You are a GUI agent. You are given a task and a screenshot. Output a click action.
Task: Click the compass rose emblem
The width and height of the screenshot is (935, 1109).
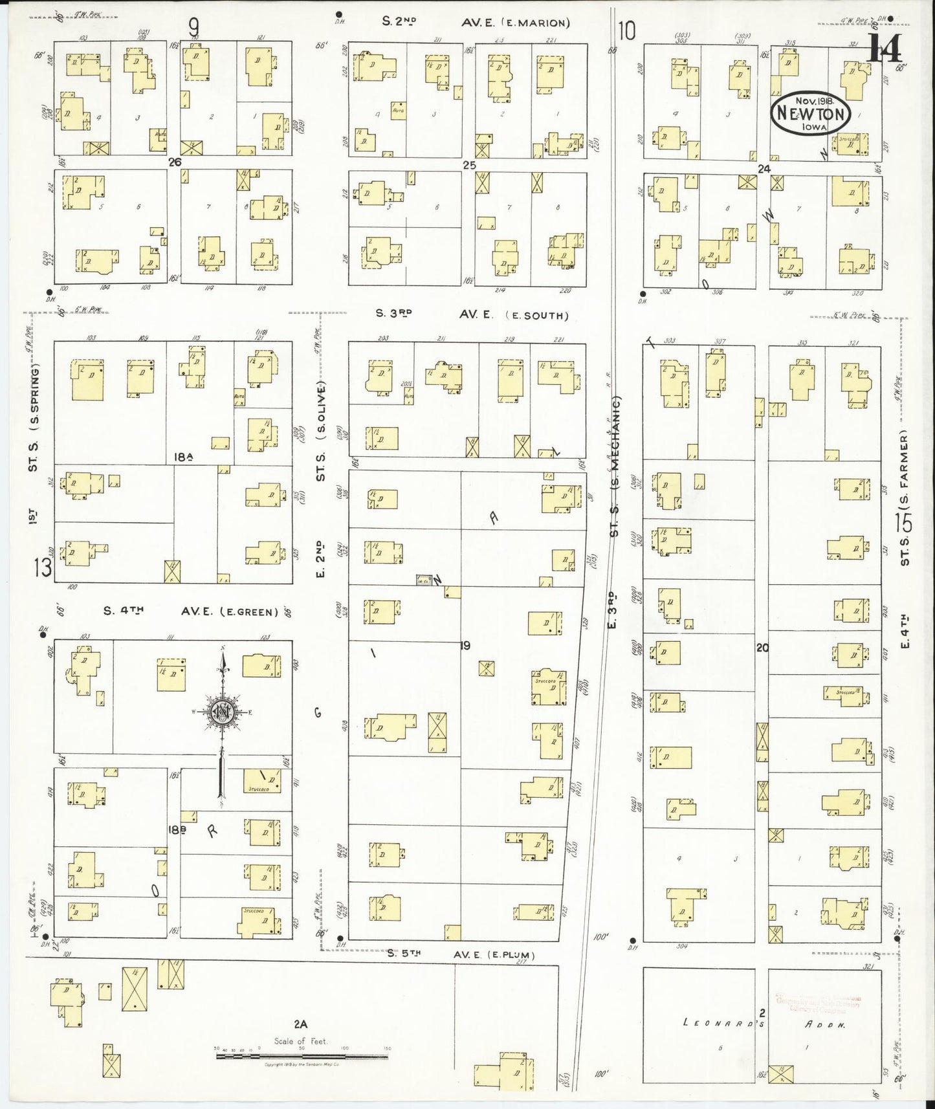223,712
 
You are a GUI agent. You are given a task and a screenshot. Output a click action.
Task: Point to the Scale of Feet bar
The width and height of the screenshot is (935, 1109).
302,1056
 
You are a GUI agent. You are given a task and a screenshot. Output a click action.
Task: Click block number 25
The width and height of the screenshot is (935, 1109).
469,165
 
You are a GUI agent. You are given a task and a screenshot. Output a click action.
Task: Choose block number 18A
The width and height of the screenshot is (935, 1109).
184,457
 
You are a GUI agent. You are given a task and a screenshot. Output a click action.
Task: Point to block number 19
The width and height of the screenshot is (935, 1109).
465,645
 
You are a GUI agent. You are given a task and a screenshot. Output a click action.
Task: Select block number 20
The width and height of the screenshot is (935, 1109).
762,646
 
